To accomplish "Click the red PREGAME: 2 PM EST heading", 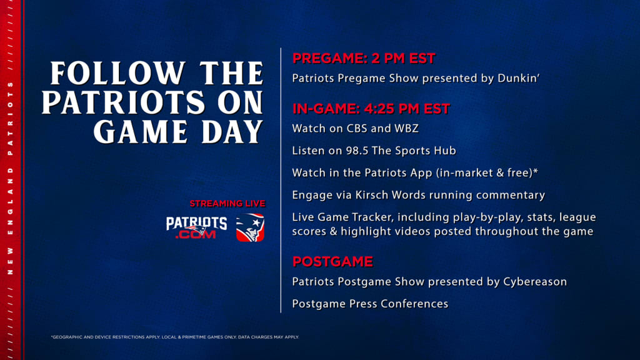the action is (364, 58).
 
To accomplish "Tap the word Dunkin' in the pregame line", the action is (518, 78).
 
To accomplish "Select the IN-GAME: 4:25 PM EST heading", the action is (371, 109).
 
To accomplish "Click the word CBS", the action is (357, 128).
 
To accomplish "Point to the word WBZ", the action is (406, 128).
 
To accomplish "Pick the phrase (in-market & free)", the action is (484, 172).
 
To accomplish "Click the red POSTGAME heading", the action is (332, 262).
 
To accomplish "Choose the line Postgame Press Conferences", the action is (370, 304).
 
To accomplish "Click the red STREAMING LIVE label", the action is (227, 203).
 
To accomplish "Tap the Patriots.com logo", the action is (196, 227).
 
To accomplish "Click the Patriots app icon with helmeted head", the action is (250, 227).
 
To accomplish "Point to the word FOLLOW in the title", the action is (118, 74).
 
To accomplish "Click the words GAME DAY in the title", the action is (178, 132).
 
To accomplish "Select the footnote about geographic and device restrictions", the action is (175, 337).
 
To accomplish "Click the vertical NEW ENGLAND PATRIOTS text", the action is (11, 178).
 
